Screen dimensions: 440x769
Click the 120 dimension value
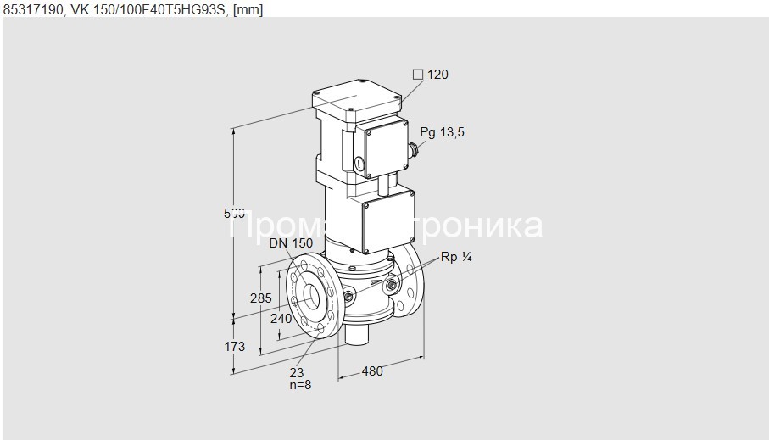pos(437,75)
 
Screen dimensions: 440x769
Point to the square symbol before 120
pos(417,75)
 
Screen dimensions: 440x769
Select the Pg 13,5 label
pos(442,132)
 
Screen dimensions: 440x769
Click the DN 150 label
pos(291,243)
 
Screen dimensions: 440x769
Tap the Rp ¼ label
pos(454,258)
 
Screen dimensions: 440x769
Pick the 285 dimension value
pos(260,298)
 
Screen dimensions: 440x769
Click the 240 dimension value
pos(281,319)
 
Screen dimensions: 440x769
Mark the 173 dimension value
pos(234,346)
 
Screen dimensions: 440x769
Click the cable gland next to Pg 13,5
pos(414,152)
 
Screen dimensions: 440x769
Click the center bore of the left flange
pos(312,295)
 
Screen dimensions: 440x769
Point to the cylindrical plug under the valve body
pos(355,333)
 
